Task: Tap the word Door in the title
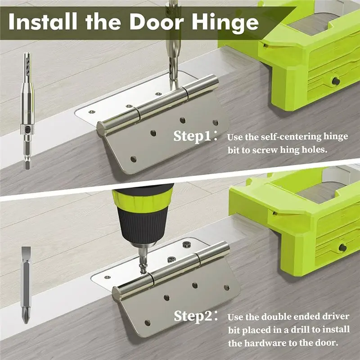point(157,22)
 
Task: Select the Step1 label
point(192,136)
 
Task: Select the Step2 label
point(193,316)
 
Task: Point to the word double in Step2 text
point(277,317)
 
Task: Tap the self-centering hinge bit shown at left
point(27,111)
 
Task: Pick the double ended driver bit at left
point(26,285)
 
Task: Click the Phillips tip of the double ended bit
point(26,318)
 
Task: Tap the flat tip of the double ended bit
point(26,252)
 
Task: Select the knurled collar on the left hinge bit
point(27,129)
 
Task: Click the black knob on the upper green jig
point(336,81)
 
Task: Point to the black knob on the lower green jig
point(342,247)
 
